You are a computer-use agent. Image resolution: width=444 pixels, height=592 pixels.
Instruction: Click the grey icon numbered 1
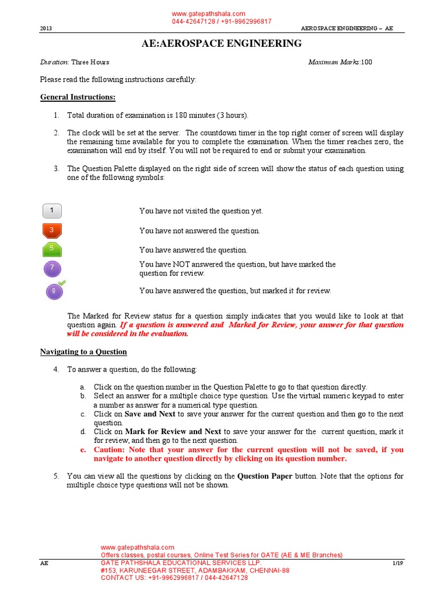click(x=52, y=210)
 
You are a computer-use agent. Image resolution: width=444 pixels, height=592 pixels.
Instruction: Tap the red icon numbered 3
click(x=52, y=231)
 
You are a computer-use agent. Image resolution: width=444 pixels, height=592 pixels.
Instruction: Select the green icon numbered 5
click(x=52, y=250)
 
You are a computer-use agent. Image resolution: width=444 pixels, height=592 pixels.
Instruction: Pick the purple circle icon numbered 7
click(x=53, y=268)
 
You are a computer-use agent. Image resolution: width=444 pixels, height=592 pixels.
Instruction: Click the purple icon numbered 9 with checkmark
click(x=54, y=290)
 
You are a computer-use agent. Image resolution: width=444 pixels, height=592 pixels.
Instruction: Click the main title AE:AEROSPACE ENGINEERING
click(x=221, y=43)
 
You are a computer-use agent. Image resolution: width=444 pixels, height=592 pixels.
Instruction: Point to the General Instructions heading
click(x=77, y=97)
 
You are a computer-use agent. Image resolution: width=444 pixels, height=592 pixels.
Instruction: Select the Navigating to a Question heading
click(x=83, y=351)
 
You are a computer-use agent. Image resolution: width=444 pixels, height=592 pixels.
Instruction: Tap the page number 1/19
click(x=398, y=563)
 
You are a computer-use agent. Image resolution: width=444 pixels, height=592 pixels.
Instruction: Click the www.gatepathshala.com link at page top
click(x=209, y=14)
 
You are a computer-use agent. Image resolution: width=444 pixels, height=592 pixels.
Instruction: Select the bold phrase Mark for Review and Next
click(x=173, y=431)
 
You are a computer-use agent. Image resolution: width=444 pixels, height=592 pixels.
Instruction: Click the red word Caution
click(x=111, y=449)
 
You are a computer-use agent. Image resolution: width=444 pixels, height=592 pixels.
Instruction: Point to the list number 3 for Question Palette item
click(x=57, y=169)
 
